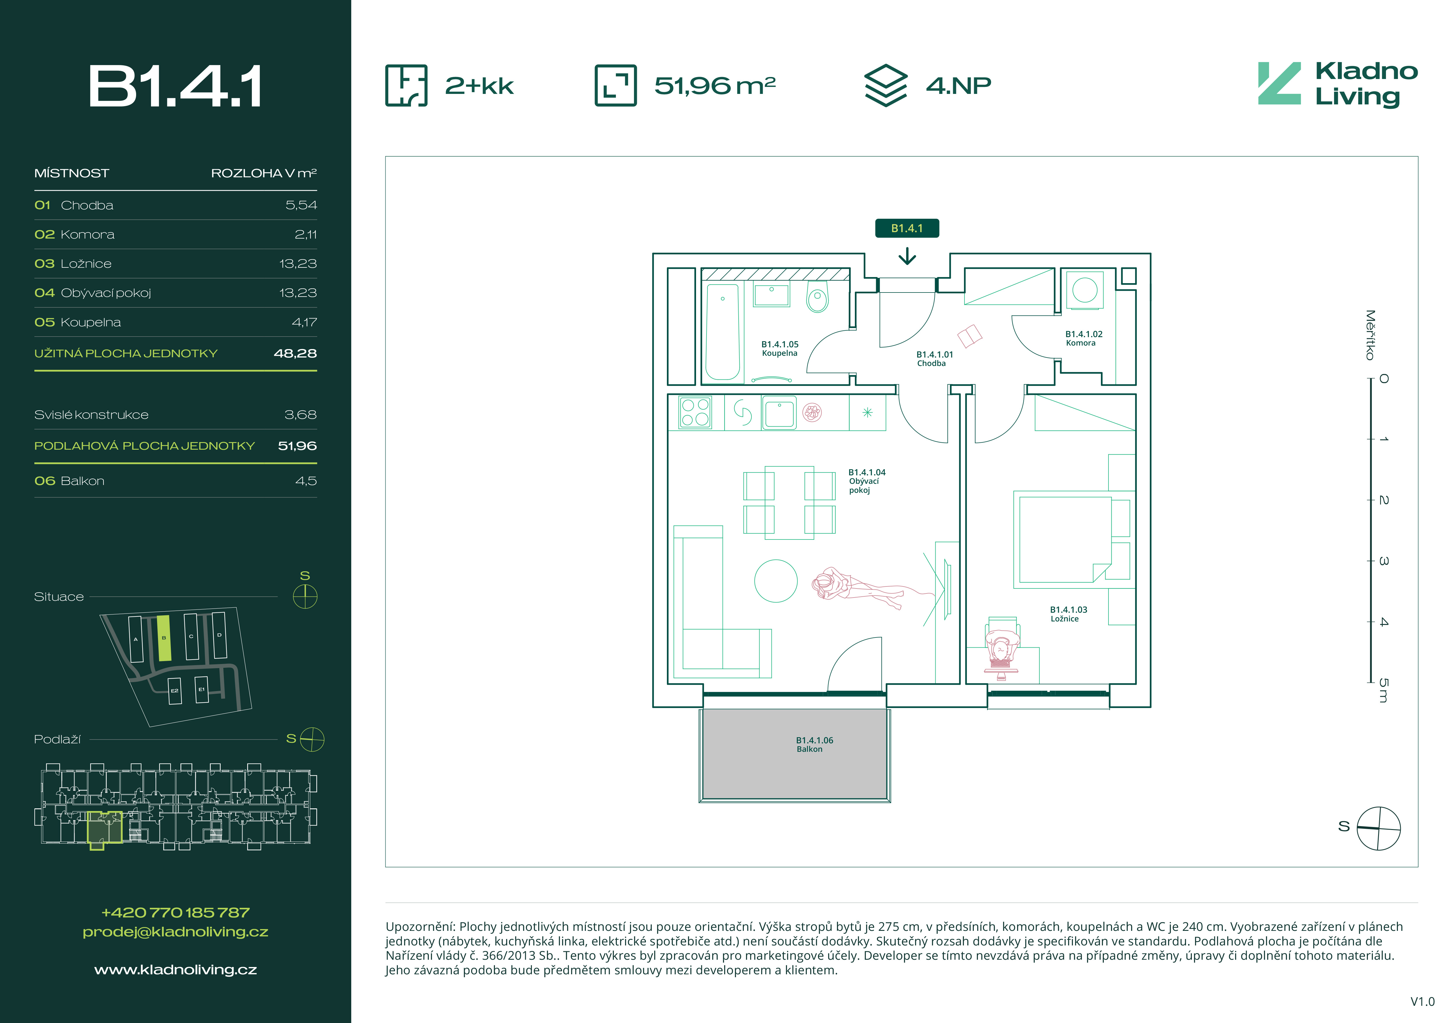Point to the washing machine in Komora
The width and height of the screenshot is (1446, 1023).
coord(1085,290)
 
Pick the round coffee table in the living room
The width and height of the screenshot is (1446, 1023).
coord(776,581)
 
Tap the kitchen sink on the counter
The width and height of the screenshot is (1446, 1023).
coord(779,413)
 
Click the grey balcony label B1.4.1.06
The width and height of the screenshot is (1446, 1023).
coord(814,745)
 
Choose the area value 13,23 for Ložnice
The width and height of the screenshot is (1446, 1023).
coord(298,263)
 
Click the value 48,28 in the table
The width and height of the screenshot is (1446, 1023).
coord(295,353)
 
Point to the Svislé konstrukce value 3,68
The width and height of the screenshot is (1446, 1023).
coord(301,414)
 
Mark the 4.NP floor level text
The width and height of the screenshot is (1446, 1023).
coord(959,86)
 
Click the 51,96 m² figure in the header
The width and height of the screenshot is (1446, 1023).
coord(715,86)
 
